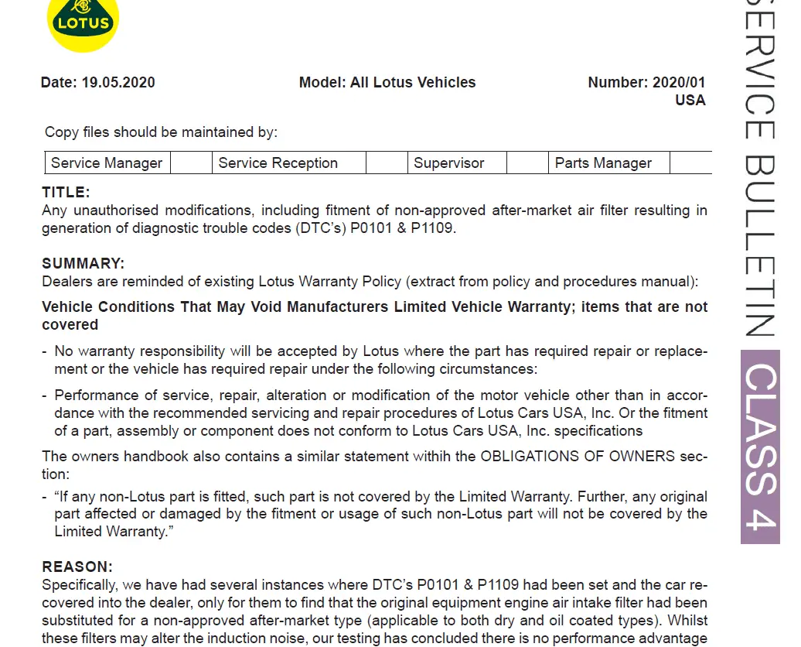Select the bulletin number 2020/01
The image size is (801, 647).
click(679, 83)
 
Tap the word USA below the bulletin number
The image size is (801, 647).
click(690, 100)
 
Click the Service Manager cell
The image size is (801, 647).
click(107, 163)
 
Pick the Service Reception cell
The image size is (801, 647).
click(278, 163)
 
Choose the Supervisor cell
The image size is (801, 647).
click(448, 163)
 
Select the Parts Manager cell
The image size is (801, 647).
click(603, 163)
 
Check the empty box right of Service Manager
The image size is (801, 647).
click(191, 163)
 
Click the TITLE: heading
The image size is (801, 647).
click(66, 193)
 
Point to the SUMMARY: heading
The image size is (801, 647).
click(83, 264)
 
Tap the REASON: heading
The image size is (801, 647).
click(77, 567)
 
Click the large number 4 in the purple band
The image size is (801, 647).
click(759, 511)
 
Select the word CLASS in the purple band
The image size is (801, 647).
click(759, 418)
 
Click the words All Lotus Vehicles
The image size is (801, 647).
click(413, 83)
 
